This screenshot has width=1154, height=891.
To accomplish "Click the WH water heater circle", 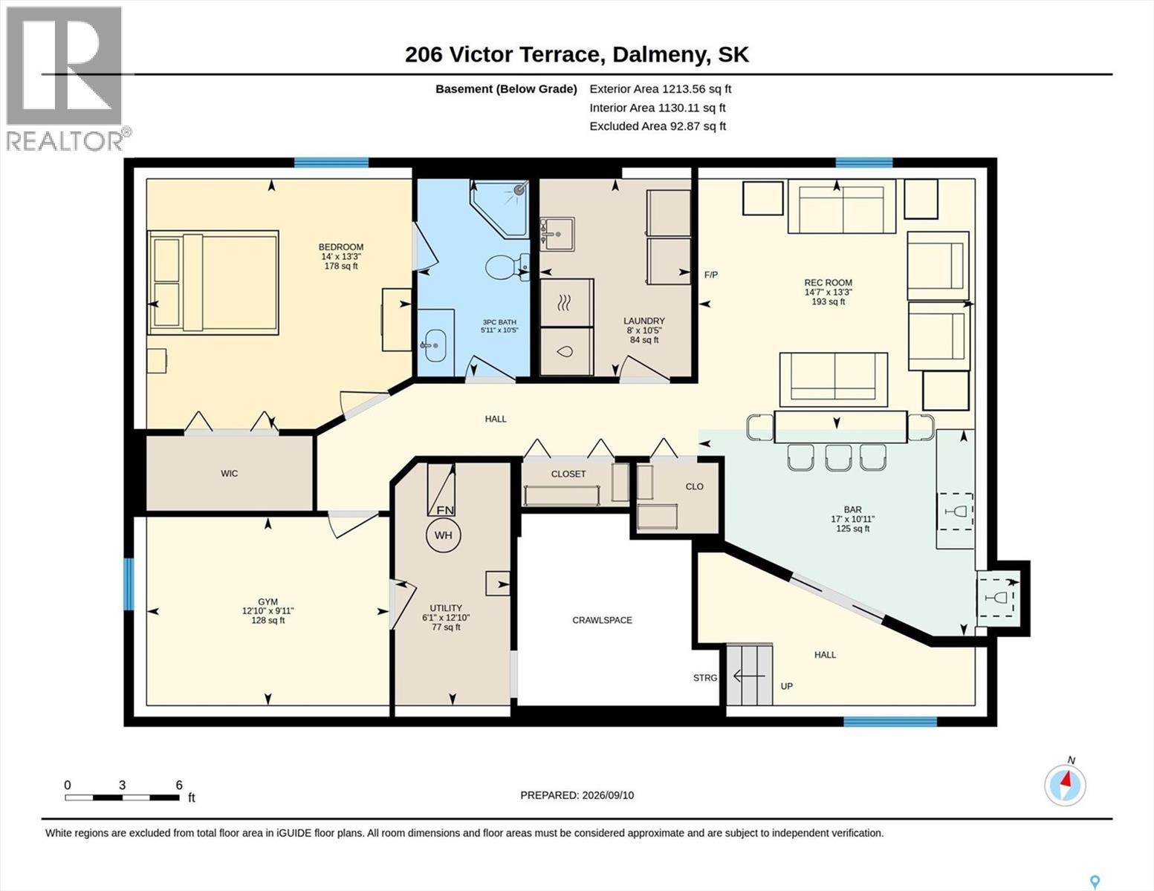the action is pos(444,535).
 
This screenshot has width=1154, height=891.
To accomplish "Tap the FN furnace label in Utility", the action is pos(445,511).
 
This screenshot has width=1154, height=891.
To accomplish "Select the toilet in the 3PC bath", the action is pos(508,267).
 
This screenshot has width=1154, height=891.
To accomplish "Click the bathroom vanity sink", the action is pos(435,345).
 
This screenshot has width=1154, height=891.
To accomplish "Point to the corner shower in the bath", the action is pos(500,208).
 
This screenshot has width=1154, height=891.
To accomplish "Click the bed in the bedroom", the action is pos(213,282).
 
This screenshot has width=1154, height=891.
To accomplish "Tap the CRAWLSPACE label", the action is pos(602,620).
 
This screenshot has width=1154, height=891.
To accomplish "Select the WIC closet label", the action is pos(230,474).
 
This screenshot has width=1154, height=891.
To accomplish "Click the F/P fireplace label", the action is pos(710,275).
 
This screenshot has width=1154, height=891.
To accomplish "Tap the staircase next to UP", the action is pos(749,674).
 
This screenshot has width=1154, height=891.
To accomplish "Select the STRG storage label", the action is pos(705,678).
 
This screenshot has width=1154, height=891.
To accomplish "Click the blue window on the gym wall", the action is pos(128,584).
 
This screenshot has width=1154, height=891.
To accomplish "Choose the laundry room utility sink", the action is pos(557,233).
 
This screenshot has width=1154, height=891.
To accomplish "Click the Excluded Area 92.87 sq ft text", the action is pos(658,126).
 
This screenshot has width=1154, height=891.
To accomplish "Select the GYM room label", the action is pos(268,601).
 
